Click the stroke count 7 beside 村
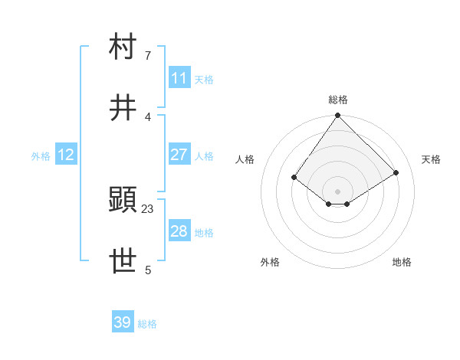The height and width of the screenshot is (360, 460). coord(148,55)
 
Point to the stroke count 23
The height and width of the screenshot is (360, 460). coord(148,208)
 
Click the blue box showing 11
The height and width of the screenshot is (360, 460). coord(179,78)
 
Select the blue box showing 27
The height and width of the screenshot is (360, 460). coord(179,155)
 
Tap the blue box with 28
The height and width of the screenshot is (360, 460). coord(179,231)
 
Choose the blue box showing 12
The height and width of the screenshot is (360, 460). coord(66,155)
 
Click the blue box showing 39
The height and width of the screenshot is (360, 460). coord(123,322)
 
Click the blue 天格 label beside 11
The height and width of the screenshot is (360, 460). coord(204,79)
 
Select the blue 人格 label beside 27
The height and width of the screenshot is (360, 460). coord(204,155)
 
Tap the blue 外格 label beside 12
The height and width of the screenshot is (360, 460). coord(41,155)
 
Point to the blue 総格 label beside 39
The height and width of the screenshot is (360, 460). coord(147,323)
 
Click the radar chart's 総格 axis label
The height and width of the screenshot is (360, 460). coord(338,100)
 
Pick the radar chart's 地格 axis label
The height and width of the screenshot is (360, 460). coord(402,262)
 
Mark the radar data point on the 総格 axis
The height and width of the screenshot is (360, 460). coord(337,116)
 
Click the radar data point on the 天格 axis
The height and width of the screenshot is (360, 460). coord(396,172)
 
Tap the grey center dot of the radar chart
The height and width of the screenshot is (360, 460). coord(337,191)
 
